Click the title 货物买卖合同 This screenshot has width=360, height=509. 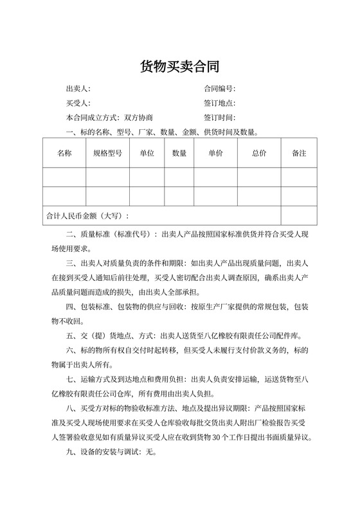click(x=179, y=67)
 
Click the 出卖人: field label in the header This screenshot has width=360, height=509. click(x=78, y=89)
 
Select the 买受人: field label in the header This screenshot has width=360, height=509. click(x=78, y=103)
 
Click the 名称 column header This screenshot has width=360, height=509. click(x=64, y=154)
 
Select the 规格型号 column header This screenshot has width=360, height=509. click(x=107, y=154)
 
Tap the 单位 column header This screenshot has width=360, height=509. click(x=147, y=154)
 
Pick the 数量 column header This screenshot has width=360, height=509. click(x=179, y=154)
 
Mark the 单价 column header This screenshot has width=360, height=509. click(x=215, y=154)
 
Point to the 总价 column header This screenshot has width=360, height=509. click(x=259, y=154)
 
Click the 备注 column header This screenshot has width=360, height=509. click(x=299, y=154)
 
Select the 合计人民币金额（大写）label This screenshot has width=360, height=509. click(x=85, y=216)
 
